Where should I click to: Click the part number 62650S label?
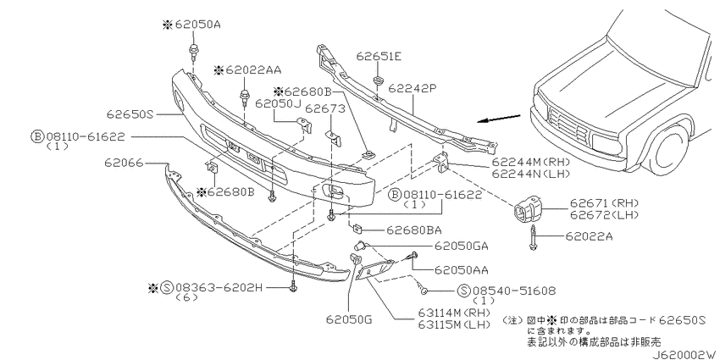coord(130,114)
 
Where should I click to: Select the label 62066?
coord(124,163)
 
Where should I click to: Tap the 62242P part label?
coord(412,88)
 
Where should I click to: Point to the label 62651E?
coord(379,56)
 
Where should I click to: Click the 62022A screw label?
coord(590,236)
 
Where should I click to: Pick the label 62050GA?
coord(461,246)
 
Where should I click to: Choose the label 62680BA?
coord(413,230)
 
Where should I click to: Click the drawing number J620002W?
coord(685,354)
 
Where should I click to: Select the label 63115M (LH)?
coord(453,324)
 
